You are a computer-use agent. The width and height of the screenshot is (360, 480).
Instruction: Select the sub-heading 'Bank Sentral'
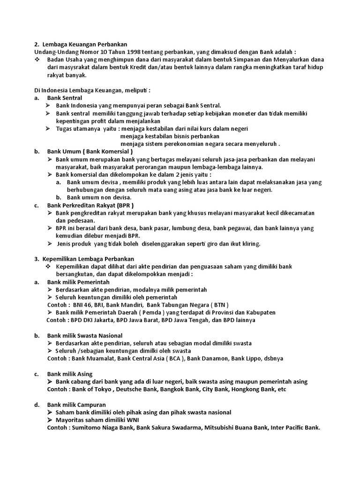[x=65, y=98]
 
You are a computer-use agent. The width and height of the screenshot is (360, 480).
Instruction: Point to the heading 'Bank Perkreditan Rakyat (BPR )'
[x=90, y=205]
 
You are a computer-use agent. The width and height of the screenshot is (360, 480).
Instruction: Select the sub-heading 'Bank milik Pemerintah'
[x=78, y=282]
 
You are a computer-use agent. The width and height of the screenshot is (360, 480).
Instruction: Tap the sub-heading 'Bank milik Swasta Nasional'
[x=85, y=336]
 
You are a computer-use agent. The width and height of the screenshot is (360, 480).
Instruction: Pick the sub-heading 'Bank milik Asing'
[x=70, y=374]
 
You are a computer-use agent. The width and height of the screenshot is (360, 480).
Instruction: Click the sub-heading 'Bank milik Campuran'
[x=76, y=405]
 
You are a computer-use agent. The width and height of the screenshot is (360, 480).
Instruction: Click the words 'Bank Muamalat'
[x=92, y=359]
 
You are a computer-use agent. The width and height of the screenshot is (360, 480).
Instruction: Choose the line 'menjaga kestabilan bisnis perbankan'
[x=166, y=136]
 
